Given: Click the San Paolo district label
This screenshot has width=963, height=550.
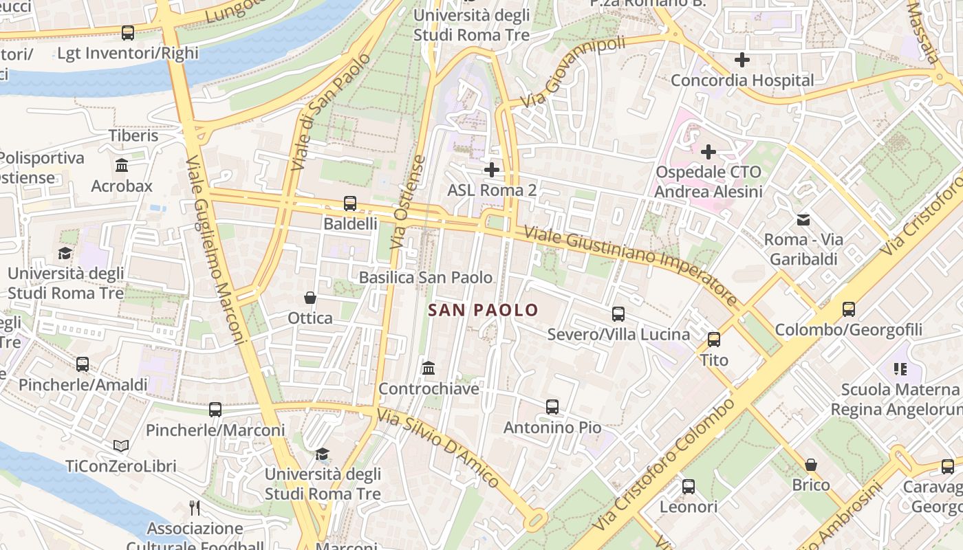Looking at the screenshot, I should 483,310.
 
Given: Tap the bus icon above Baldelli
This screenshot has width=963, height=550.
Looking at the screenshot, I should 350,203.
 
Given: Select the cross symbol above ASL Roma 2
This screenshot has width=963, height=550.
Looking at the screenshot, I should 491,169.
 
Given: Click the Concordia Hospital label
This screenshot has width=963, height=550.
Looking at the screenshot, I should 742,80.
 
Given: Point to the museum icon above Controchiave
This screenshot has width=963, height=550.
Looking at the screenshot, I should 429,368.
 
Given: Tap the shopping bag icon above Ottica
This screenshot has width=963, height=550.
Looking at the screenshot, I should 310,298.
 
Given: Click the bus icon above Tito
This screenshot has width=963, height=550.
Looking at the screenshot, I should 714,339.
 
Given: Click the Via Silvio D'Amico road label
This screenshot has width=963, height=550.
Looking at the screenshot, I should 437,448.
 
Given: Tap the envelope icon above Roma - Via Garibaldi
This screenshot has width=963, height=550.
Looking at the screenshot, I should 803,220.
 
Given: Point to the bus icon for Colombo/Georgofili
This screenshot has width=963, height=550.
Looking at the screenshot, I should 849,309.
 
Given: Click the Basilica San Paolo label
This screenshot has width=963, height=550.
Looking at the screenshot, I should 426,278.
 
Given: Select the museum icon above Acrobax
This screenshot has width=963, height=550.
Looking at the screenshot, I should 122,166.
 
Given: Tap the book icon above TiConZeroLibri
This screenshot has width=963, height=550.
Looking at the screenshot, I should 121,446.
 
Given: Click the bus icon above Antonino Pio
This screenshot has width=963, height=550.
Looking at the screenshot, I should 552,407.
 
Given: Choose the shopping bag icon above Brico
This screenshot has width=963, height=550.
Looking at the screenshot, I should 811,465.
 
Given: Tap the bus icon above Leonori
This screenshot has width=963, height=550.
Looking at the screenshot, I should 689,487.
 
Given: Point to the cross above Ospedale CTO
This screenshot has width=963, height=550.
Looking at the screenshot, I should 708,151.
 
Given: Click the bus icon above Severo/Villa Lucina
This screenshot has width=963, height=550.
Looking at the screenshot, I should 618,314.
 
